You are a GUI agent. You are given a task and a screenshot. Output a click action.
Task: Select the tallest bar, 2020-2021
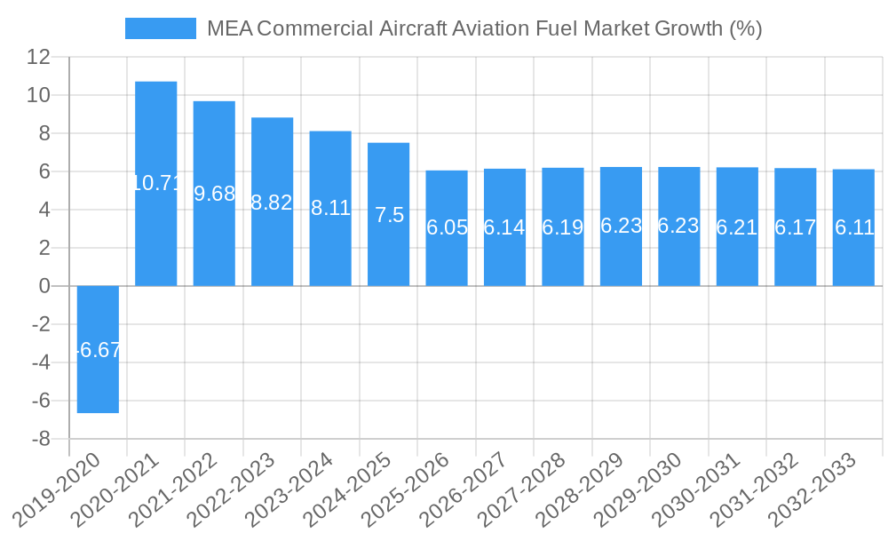156,133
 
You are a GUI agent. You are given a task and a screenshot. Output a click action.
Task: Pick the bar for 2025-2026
447,258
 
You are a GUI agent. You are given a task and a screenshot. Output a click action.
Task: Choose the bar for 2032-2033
853,258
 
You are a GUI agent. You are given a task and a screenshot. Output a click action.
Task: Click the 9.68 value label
214,194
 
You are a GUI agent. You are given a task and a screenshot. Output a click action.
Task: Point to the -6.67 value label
98,350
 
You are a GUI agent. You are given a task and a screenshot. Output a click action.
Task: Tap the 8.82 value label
272,203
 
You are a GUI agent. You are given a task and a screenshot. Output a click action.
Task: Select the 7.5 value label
389,215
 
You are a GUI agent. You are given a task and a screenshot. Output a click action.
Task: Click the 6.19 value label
563,227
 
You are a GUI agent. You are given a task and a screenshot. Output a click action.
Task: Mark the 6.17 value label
796,227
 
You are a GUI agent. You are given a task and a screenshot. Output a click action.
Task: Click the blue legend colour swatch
160,28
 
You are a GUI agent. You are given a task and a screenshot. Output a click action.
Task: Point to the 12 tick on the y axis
39,57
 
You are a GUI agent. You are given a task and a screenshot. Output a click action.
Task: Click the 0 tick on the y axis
44,286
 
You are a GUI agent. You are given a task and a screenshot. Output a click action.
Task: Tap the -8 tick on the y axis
40,439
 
